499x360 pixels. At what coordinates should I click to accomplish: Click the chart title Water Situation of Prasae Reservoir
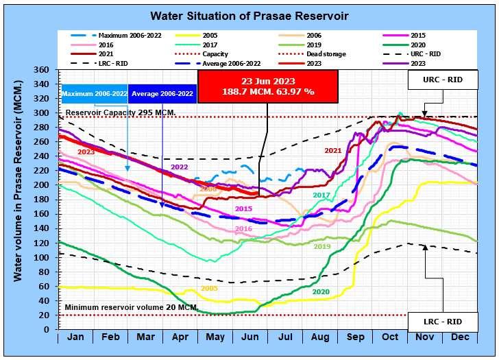tap(249, 15)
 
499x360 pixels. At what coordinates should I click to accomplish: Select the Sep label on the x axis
tap(356, 338)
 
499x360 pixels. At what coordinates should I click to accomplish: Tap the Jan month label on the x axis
tap(76, 338)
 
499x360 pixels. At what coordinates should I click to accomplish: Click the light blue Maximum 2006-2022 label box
tap(94, 93)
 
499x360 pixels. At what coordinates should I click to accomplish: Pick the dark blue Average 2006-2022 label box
tap(162, 93)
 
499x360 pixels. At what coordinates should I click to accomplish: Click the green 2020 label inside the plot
tap(321, 291)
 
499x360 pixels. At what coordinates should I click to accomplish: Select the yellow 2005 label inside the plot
tap(209, 289)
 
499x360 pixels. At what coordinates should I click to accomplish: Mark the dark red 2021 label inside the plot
tap(333, 150)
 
